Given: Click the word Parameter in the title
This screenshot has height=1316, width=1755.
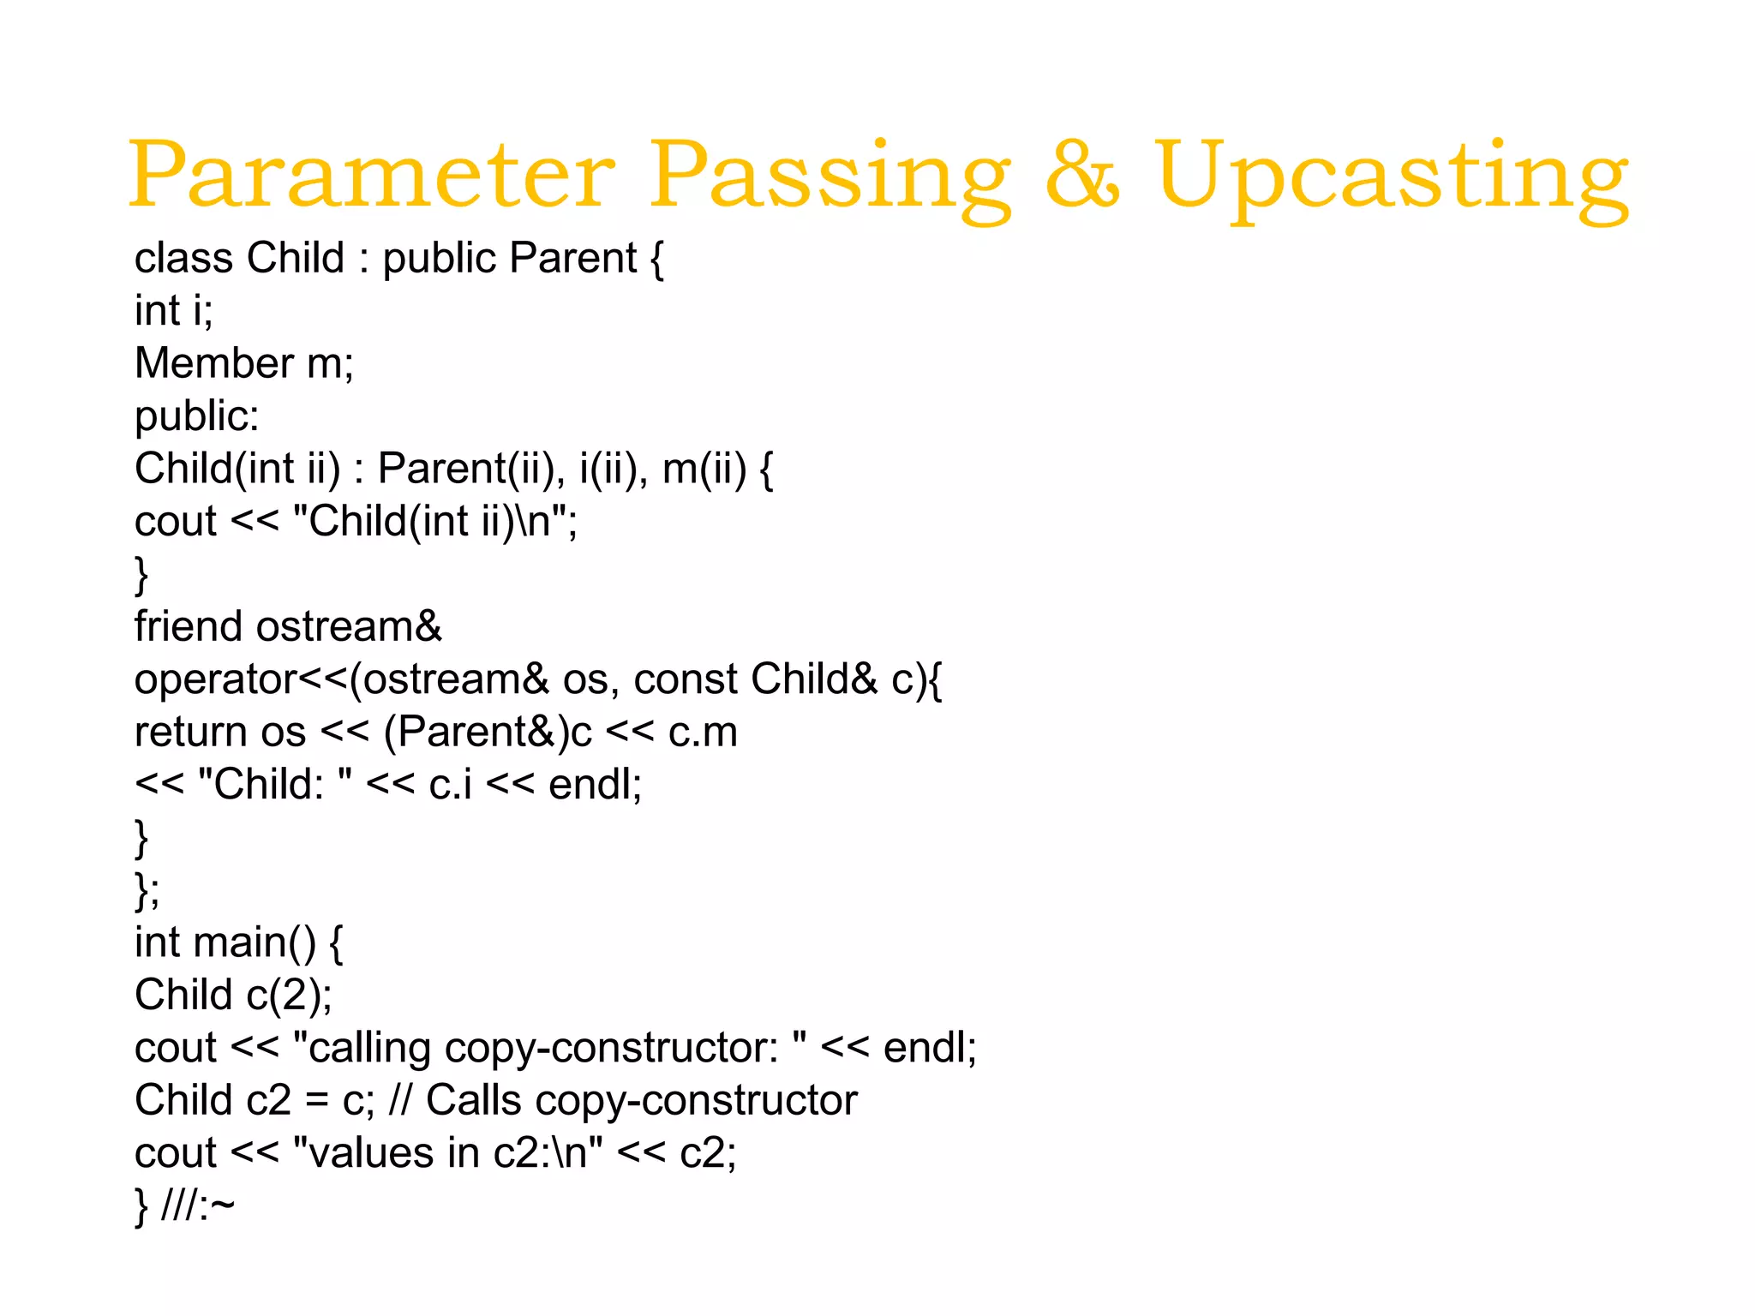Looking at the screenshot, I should click(x=371, y=175).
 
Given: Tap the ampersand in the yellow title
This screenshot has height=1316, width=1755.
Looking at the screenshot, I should click(x=1082, y=175).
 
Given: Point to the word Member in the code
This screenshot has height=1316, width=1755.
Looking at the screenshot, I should click(x=214, y=363).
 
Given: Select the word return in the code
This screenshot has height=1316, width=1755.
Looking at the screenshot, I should click(x=190, y=733).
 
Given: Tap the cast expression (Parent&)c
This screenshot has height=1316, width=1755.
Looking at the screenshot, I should click(x=488, y=733).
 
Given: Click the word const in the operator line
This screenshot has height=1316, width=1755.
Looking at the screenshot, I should click(x=686, y=679).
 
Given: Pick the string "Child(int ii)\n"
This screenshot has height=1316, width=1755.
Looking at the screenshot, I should click(x=434, y=522).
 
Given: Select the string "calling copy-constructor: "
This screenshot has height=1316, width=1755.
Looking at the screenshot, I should click(x=549, y=1048).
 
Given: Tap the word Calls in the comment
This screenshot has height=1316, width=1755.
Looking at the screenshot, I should click(x=474, y=1100).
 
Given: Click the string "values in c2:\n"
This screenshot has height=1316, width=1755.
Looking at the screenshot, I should click(x=447, y=1153).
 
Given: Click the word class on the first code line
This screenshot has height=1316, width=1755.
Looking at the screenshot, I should click(x=183, y=258).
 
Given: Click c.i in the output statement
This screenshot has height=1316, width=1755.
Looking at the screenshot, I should click(x=450, y=785).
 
